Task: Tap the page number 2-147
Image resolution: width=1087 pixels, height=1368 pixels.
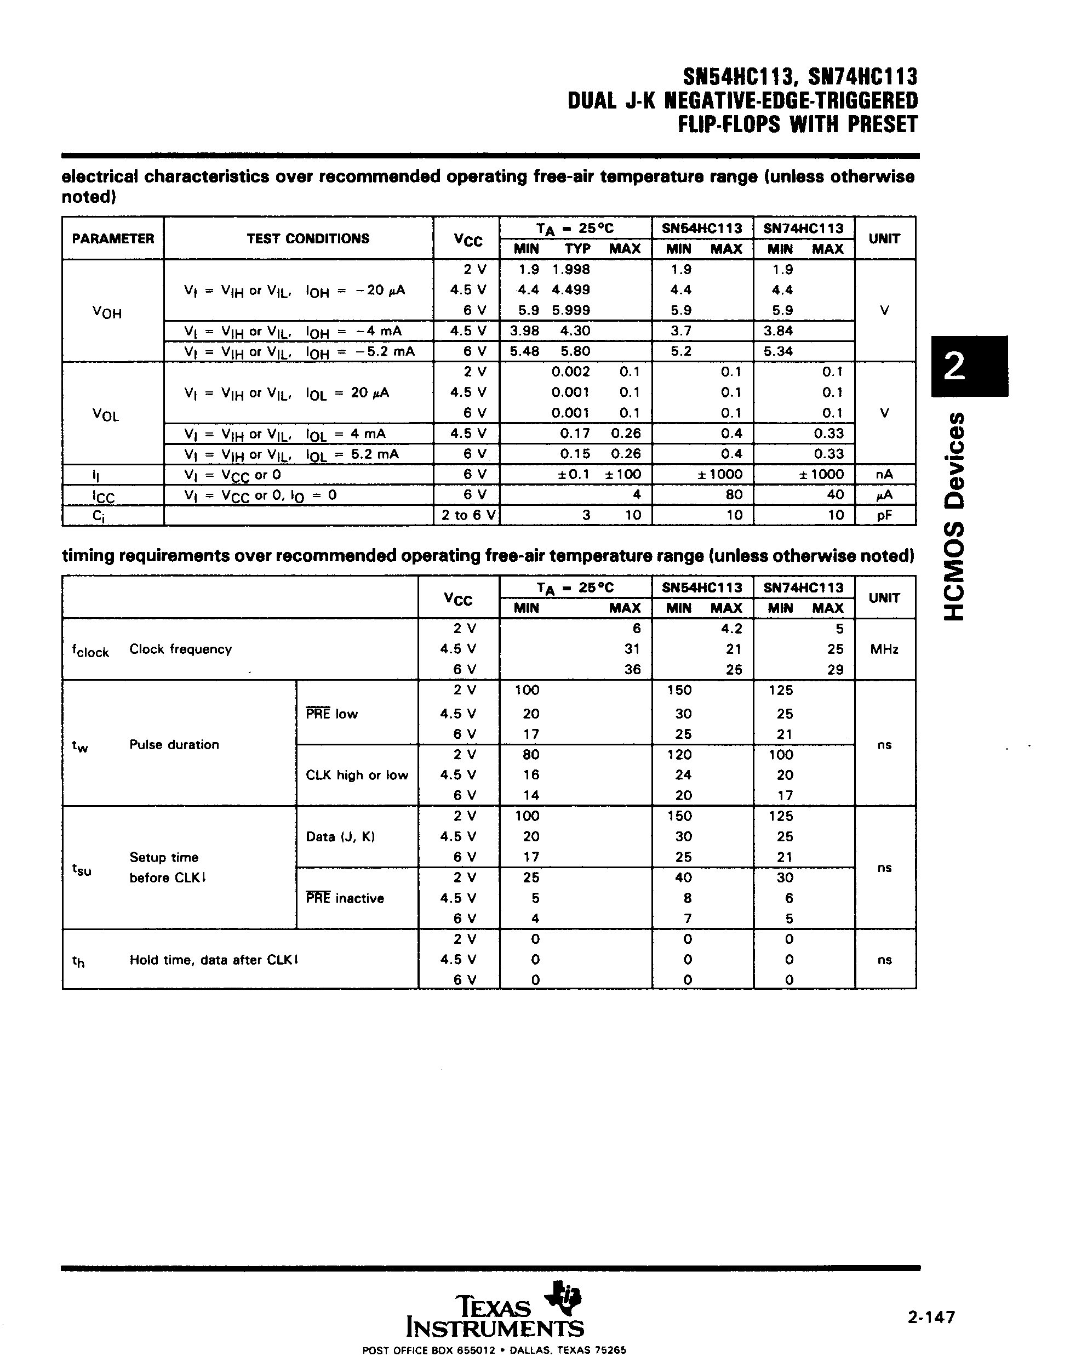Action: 930,1318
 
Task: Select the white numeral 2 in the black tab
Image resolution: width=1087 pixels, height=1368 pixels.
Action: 954,366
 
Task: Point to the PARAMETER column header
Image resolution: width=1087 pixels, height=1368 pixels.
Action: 113,238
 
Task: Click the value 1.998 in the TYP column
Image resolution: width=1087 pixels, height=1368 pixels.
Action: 571,269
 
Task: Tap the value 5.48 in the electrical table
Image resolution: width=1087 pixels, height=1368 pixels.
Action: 524,351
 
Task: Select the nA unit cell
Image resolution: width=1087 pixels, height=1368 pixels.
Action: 884,474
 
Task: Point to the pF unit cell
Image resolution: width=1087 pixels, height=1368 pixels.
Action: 884,515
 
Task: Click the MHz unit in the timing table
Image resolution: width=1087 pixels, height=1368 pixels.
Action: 884,648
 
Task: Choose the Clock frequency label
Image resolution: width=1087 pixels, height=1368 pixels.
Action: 181,648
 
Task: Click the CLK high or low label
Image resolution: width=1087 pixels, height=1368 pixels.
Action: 357,775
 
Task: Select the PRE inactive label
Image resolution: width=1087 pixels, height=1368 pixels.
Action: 345,898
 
